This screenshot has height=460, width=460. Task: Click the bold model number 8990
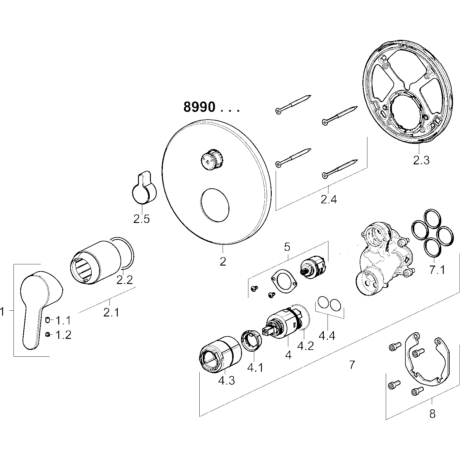pyautogui.click(x=199, y=107)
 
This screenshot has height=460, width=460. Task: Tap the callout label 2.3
pyautogui.click(x=421, y=160)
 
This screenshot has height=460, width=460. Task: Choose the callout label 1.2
pyautogui.click(x=63, y=335)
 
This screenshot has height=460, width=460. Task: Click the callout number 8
pyautogui.click(x=432, y=414)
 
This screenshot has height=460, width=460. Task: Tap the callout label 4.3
pyautogui.click(x=226, y=381)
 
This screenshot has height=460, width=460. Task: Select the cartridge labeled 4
pyautogui.click(x=284, y=325)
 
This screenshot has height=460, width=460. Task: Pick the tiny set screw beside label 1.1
pyautogui.click(x=48, y=320)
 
